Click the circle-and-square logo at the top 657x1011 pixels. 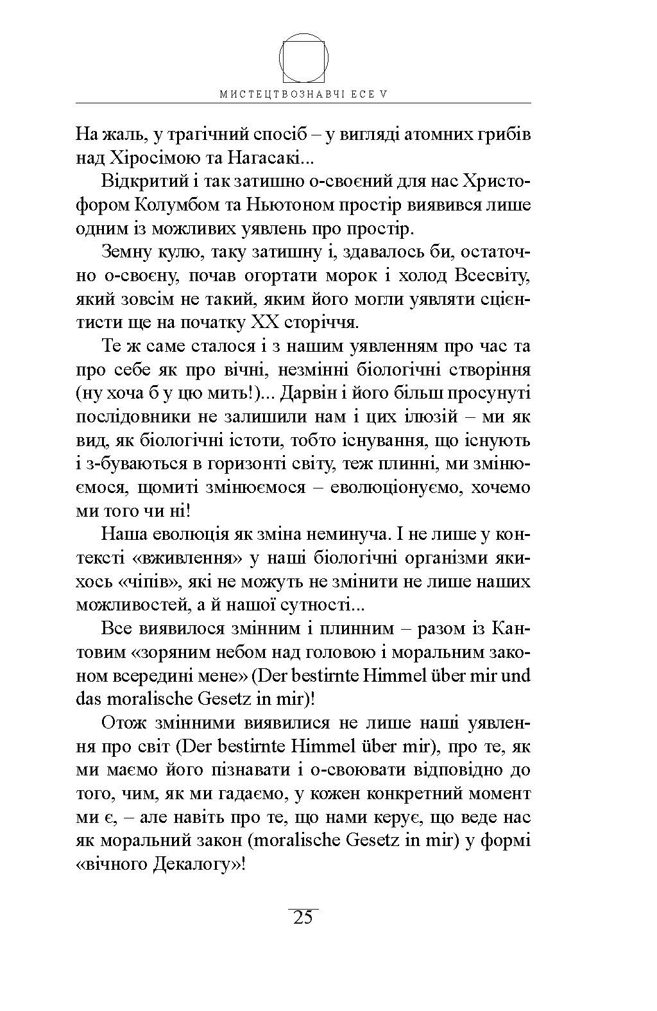305,58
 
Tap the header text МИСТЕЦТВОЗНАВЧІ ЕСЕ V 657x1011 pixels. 304,94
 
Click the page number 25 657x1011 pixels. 303,918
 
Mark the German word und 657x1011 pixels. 515,675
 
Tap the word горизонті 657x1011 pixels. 262,463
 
